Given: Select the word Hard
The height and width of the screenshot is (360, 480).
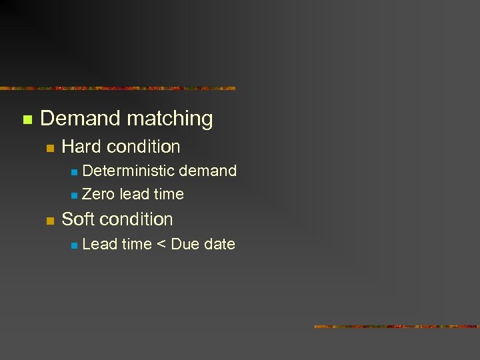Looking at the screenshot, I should pos(81,147).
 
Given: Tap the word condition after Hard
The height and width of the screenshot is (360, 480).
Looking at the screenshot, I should pos(143,147).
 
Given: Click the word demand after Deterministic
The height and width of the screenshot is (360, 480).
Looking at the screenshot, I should pos(208,171).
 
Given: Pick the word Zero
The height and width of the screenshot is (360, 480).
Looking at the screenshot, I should pos(98,195).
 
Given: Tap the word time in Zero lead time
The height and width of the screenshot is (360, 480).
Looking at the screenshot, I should pos(169,195).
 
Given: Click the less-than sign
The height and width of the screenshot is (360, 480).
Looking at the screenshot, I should pos(161,245).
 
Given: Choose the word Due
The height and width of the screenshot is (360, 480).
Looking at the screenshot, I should pos(185,245).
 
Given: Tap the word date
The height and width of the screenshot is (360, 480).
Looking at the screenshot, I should pos(219,245).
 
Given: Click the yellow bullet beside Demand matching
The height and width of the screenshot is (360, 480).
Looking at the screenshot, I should pos(27,120).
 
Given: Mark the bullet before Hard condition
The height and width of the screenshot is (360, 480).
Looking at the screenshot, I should pos(49,148).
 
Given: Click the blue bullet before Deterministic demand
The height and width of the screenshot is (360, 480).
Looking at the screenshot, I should pos(74,172).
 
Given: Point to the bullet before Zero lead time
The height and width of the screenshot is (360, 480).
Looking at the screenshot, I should pos(74,195).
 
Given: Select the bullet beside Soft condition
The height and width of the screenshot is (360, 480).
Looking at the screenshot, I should pos(49,221).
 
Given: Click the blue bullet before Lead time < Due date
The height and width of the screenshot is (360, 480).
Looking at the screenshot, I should pos(74,245).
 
